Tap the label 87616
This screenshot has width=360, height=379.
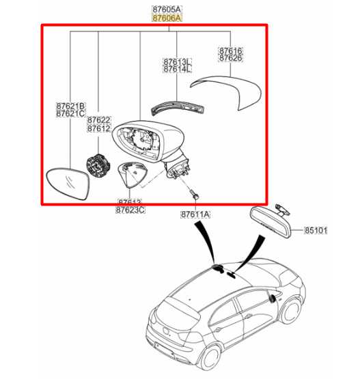pyautogui.click(x=230, y=51)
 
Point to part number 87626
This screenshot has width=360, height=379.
pyautogui.click(x=230, y=59)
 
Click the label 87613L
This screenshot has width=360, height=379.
pyautogui.click(x=177, y=61)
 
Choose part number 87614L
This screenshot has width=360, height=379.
pyautogui.click(x=177, y=69)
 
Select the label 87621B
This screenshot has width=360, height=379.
pyautogui.click(x=70, y=106)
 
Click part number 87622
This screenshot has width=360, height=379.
pyautogui.click(x=98, y=120)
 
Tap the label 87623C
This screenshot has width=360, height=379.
pyautogui.click(x=130, y=210)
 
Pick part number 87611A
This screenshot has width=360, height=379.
pyautogui.click(x=195, y=214)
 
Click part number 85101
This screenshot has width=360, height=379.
pyautogui.click(x=315, y=231)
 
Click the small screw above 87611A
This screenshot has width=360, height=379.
pyautogui.click(x=194, y=195)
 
